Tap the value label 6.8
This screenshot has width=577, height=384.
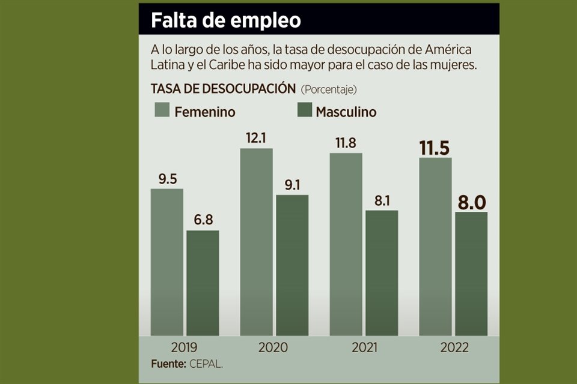coord(203,220)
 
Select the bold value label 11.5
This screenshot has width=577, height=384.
coord(435,147)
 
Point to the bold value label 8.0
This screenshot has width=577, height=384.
coord(471,202)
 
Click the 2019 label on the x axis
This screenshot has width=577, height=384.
coord(184,347)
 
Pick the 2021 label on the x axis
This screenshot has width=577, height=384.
coord(363,347)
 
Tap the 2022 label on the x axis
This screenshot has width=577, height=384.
coord(453,347)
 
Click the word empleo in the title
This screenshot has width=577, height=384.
coord(265,20)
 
